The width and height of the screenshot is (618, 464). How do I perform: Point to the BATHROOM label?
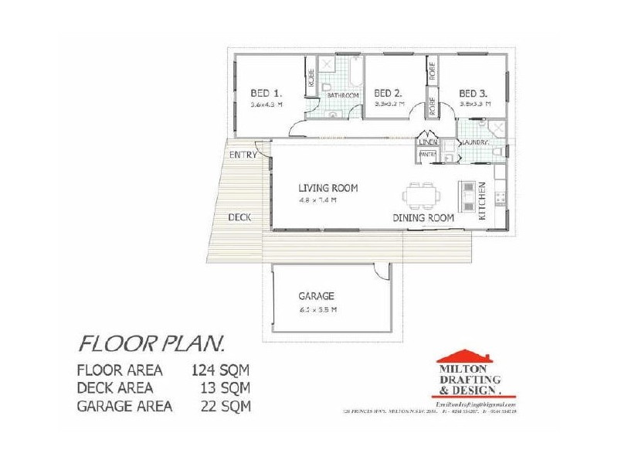[x=342, y=95]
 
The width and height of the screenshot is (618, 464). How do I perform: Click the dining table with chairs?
[x=422, y=197]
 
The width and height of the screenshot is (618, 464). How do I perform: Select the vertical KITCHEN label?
[x=482, y=201]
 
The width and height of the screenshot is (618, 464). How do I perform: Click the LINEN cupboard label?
[x=428, y=143]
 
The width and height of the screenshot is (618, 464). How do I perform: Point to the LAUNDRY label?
[x=473, y=143]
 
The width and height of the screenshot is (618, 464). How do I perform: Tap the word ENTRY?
[x=243, y=155]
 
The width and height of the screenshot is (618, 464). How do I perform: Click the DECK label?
[x=239, y=217]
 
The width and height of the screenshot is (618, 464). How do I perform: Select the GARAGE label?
[x=316, y=296]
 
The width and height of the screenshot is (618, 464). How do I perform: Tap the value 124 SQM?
[x=220, y=369]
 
